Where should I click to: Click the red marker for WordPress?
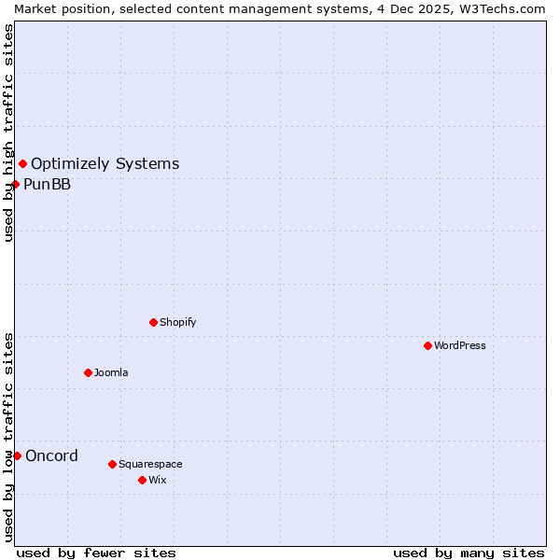[427, 345]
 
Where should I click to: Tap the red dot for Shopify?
[153, 322]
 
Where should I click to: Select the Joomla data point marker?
[88, 372]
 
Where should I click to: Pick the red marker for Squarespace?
[112, 464]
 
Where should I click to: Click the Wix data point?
[142, 480]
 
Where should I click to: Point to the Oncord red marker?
[17, 455]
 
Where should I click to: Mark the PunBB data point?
[15, 184]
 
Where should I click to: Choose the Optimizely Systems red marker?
[22, 164]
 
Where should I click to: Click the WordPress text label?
[460, 345]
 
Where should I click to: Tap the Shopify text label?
[178, 322]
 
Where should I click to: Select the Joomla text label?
[111, 372]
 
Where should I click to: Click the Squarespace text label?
[150, 464]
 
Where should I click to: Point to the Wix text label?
[158, 480]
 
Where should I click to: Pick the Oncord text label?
[51, 455]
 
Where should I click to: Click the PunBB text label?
[47, 184]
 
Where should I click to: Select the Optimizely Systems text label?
[105, 164]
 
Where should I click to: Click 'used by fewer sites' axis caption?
[96, 553]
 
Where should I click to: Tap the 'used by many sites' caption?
[469, 553]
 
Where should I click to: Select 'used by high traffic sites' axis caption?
[8, 133]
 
